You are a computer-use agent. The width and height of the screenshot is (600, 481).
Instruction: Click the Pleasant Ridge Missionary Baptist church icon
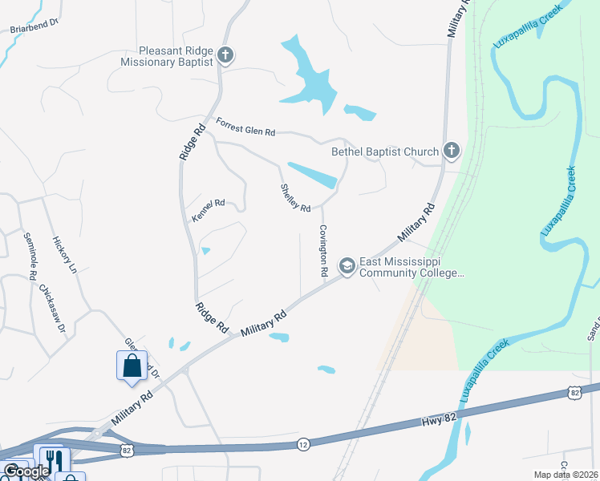point(226,55)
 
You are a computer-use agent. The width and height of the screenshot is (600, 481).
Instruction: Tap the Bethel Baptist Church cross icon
point(452,151)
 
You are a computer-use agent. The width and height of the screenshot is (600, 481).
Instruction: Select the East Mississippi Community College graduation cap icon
point(347,265)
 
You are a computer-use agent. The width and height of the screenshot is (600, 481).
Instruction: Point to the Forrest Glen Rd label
point(245,126)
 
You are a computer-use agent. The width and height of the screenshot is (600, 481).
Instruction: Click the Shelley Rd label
point(295,198)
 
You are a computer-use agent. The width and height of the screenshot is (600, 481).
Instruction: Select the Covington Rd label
point(323,251)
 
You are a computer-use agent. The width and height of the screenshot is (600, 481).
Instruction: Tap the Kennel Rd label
point(208,211)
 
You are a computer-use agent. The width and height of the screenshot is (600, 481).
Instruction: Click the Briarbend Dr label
point(34,25)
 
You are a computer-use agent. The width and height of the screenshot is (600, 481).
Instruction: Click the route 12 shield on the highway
point(302,443)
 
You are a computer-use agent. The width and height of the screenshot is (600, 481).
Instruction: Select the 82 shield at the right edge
point(574,392)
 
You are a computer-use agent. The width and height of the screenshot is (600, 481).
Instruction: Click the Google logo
point(26,471)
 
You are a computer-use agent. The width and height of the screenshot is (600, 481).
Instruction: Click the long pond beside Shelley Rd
point(312,176)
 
